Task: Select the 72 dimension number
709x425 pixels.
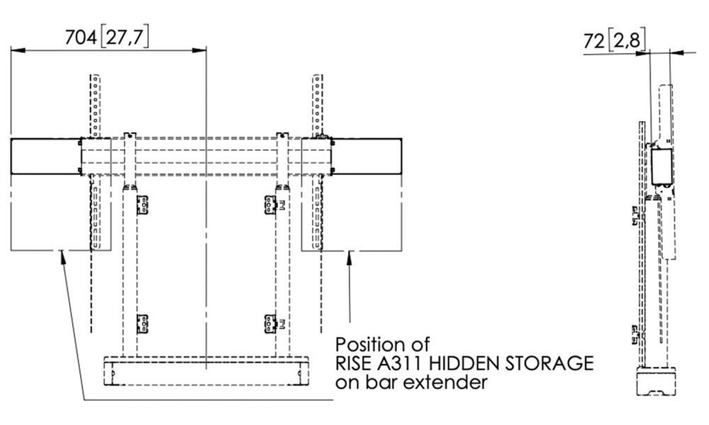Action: (594, 42)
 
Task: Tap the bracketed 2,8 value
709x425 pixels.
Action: (627, 42)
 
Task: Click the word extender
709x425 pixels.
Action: (452, 383)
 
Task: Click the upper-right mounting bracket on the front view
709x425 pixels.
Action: (268, 205)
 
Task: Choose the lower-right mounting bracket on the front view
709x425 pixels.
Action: (268, 323)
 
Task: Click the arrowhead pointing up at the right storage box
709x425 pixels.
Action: (349, 258)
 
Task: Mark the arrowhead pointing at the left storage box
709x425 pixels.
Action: (63, 258)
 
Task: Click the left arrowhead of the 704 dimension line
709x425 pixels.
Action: (16, 50)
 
